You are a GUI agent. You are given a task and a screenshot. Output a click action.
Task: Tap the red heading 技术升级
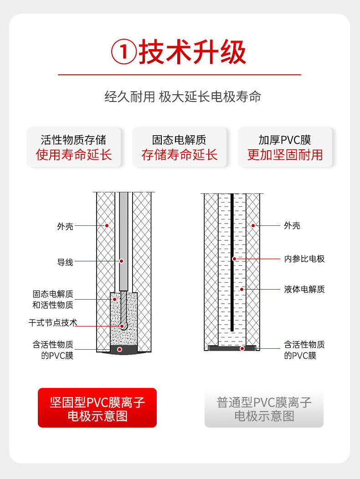point(192,52)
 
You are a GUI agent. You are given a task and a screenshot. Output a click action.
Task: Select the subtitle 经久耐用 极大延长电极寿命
point(183,97)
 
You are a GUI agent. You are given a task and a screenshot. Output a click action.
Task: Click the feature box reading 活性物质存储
point(73,148)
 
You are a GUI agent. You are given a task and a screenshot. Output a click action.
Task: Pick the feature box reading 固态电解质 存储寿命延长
point(179,148)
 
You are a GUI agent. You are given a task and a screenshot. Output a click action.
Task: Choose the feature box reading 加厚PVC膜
point(285,148)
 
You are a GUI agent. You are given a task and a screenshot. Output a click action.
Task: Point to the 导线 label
point(65,262)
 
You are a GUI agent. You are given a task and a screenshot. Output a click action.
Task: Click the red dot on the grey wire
point(121,261)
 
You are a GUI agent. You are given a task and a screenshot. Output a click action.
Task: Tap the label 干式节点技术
point(53,322)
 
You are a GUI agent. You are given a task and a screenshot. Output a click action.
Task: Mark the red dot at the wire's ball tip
point(122,326)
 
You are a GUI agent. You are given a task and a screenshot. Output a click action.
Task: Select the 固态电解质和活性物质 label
point(53,300)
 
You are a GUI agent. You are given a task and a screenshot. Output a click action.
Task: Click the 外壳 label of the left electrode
point(65,226)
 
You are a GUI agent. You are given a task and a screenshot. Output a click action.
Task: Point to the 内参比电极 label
point(304,259)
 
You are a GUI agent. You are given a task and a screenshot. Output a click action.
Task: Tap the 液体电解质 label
point(304,289)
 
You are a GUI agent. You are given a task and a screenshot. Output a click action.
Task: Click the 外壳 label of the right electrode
point(292,225)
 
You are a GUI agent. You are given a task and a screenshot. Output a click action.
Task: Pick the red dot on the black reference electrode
point(234,259)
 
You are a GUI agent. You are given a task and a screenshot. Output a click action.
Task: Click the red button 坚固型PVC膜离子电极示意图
point(97,408)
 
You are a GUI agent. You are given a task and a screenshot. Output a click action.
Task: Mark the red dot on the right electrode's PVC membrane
point(242,349)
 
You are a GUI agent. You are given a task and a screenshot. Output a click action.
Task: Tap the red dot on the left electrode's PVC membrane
point(119,350)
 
